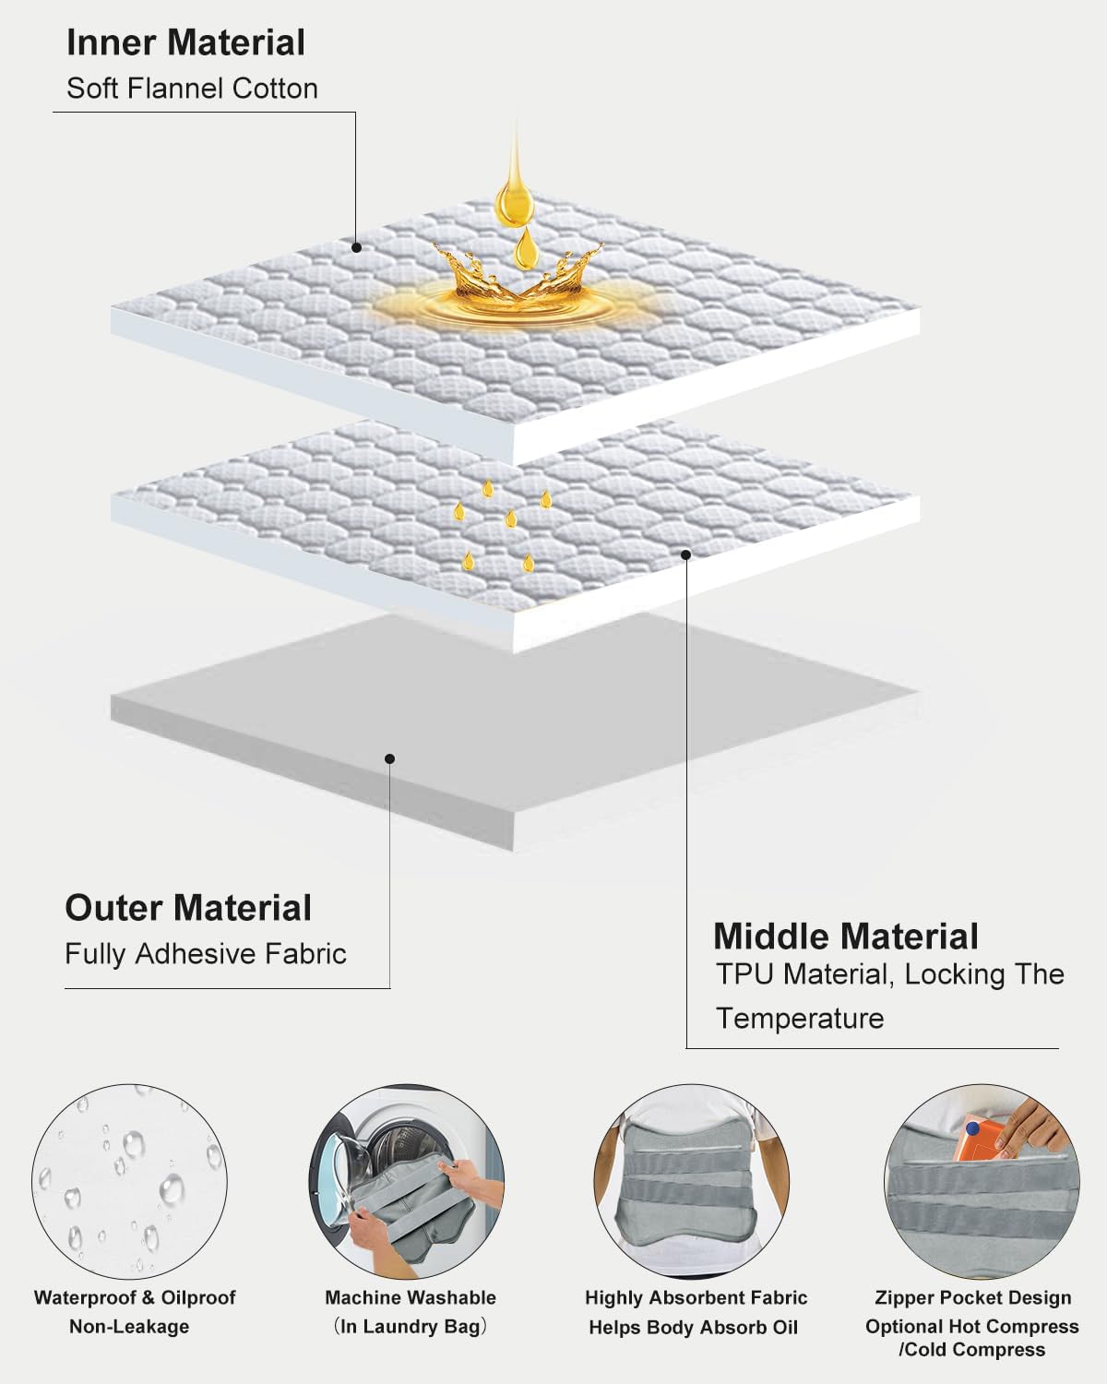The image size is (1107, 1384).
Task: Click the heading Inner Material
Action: click(x=186, y=42)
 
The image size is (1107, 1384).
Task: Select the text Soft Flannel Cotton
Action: click(x=192, y=89)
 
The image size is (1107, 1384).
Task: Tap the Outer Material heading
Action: click(x=188, y=908)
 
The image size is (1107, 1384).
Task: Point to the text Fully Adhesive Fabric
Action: click(x=206, y=954)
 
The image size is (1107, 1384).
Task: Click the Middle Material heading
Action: click(x=846, y=937)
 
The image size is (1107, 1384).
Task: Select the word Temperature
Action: click(x=800, y=1019)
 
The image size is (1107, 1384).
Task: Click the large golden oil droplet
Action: click(x=515, y=193)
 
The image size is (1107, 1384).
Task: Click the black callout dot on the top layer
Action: click(x=356, y=247)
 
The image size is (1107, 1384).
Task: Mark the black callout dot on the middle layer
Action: click(x=685, y=555)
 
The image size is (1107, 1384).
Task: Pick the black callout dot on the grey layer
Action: click(x=390, y=758)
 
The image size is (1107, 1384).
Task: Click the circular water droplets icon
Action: click(x=129, y=1181)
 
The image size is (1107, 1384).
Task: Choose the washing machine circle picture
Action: click(x=407, y=1181)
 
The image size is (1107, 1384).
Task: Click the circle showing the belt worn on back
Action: click(x=692, y=1181)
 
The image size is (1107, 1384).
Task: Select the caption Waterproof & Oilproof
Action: click(x=135, y=1298)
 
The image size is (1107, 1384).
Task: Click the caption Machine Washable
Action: click(x=411, y=1298)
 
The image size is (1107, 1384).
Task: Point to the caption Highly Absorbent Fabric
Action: click(x=696, y=1298)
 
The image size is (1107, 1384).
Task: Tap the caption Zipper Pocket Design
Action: click(x=973, y=1298)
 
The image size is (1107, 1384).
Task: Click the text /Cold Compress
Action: click(x=972, y=1349)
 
